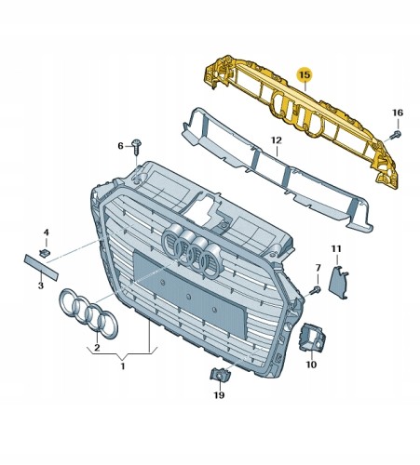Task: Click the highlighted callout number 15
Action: (305, 75)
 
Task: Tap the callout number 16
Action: (398, 113)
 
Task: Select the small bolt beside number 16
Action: (395, 135)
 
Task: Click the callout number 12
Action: (277, 140)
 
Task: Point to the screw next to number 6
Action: (136, 147)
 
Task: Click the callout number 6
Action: (120, 146)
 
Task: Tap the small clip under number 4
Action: (45, 253)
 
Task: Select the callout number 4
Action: (46, 232)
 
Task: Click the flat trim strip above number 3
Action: (41, 267)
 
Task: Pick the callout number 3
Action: (41, 286)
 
